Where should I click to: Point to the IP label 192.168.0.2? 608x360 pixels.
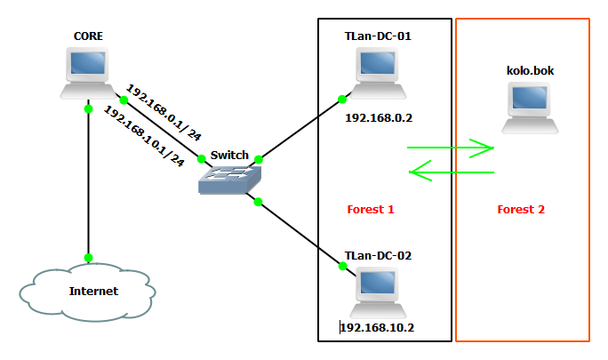click(x=379, y=116)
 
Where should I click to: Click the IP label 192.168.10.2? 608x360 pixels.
click(x=378, y=327)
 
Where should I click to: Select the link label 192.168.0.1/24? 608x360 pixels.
click(x=164, y=113)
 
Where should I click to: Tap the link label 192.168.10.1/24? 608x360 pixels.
click(x=144, y=136)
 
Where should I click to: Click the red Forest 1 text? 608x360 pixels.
click(x=370, y=210)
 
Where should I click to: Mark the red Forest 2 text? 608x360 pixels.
click(x=520, y=210)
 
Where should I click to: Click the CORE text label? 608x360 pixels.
click(x=88, y=36)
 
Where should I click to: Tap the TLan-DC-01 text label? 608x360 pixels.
click(x=378, y=36)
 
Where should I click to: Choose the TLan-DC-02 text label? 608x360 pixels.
click(x=378, y=255)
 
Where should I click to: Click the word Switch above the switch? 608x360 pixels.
click(x=229, y=156)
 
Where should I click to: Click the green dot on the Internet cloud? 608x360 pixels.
click(x=89, y=258)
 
